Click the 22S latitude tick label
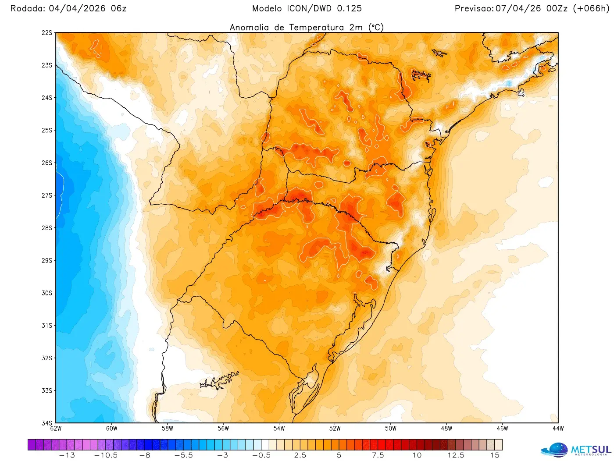[47, 33]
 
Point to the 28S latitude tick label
[47, 228]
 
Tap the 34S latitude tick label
[47, 423]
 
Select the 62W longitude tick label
[56, 429]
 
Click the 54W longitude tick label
[279, 429]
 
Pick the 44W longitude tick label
[558, 429]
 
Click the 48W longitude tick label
[446, 429]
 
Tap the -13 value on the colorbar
[67, 455]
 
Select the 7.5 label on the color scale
[378, 455]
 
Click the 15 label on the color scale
[495, 455]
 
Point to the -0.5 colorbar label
[261, 455]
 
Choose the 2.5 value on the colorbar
[300, 455]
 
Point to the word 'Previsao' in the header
[474, 8]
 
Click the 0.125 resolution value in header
[350, 8]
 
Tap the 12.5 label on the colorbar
[456, 455]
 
